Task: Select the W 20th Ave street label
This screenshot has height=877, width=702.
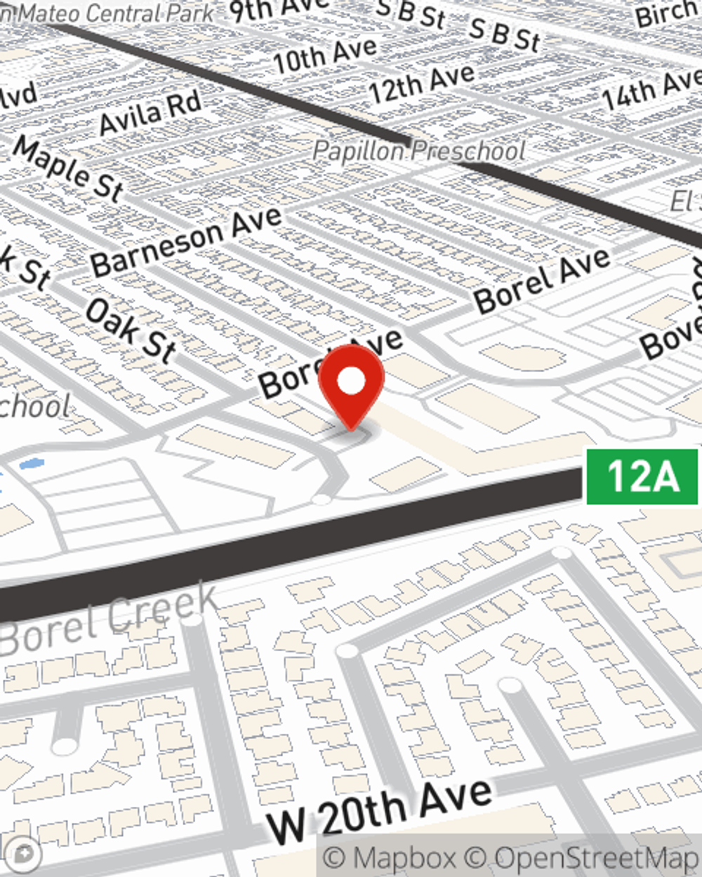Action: click(x=380, y=811)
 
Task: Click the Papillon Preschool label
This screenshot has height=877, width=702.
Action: click(x=419, y=150)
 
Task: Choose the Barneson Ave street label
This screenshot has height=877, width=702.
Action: click(x=186, y=241)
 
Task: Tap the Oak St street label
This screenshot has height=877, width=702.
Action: click(x=130, y=330)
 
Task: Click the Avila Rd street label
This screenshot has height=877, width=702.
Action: click(x=150, y=112)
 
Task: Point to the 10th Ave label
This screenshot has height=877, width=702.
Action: click(x=325, y=55)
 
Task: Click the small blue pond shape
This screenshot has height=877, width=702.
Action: click(x=32, y=464)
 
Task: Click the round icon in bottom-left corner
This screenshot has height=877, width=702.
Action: click(x=24, y=855)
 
